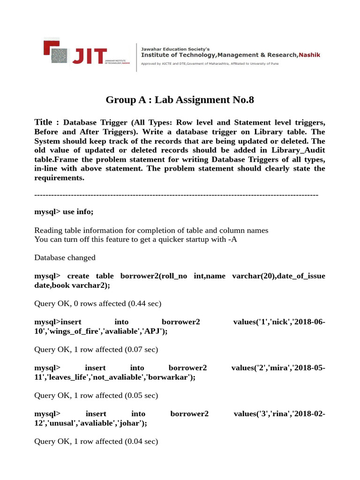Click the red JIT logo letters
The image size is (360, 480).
(x=89, y=55)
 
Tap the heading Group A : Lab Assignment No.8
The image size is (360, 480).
(x=180, y=99)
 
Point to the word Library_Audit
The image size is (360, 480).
(x=300, y=150)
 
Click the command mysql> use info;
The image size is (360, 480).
(x=64, y=212)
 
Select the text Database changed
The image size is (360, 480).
(x=65, y=257)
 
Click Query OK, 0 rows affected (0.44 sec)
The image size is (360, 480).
(x=97, y=303)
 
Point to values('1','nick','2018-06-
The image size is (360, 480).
(x=279, y=322)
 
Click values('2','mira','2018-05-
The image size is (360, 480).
(x=278, y=368)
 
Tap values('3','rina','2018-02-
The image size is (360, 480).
(x=279, y=414)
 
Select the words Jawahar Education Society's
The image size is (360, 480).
(x=175, y=48)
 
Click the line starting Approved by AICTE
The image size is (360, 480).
(x=210, y=63)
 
